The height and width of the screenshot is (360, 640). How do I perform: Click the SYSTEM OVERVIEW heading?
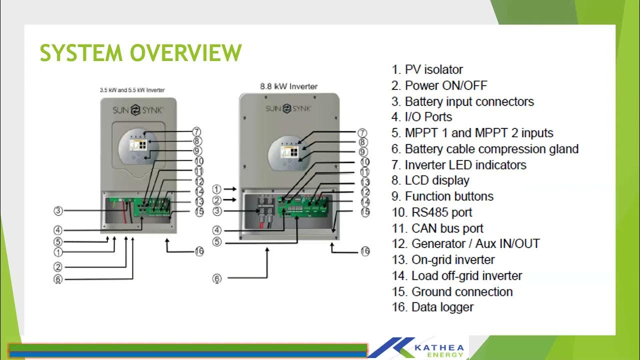(140, 53)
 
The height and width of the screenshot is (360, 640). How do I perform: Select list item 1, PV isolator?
(427, 69)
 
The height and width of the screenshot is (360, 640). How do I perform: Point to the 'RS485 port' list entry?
(432, 212)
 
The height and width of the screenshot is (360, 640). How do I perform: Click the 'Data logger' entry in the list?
(432, 307)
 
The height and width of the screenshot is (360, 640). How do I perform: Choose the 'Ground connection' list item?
(452, 291)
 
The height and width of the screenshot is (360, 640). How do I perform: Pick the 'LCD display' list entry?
(430, 180)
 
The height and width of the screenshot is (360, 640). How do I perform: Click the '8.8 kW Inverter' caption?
(288, 86)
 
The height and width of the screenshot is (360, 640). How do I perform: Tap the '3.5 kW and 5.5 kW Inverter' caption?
(132, 90)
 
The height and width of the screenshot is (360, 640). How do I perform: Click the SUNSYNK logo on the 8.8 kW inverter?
(288, 108)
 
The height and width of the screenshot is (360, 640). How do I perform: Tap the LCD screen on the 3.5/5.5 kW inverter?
(137, 145)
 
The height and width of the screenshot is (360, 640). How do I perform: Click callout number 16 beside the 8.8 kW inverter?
(365, 251)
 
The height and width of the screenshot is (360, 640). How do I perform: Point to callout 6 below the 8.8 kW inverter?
(217, 279)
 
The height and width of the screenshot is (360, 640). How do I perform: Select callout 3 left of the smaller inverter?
(58, 211)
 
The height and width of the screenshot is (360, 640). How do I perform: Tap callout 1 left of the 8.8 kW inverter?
(216, 189)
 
